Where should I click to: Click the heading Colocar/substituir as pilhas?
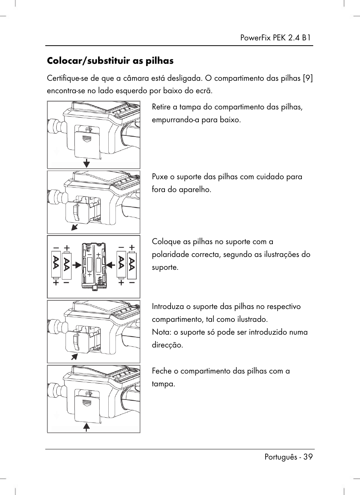(110, 61)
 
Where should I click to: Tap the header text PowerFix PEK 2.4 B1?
(275, 38)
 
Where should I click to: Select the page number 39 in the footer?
(308, 457)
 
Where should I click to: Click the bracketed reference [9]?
(308, 78)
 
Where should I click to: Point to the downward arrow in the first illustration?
(87, 163)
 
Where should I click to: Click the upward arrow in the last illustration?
(87, 427)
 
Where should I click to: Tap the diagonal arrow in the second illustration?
(75, 226)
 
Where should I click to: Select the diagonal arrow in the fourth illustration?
(75, 356)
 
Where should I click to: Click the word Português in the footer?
(280, 457)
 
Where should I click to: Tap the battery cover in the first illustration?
(87, 143)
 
